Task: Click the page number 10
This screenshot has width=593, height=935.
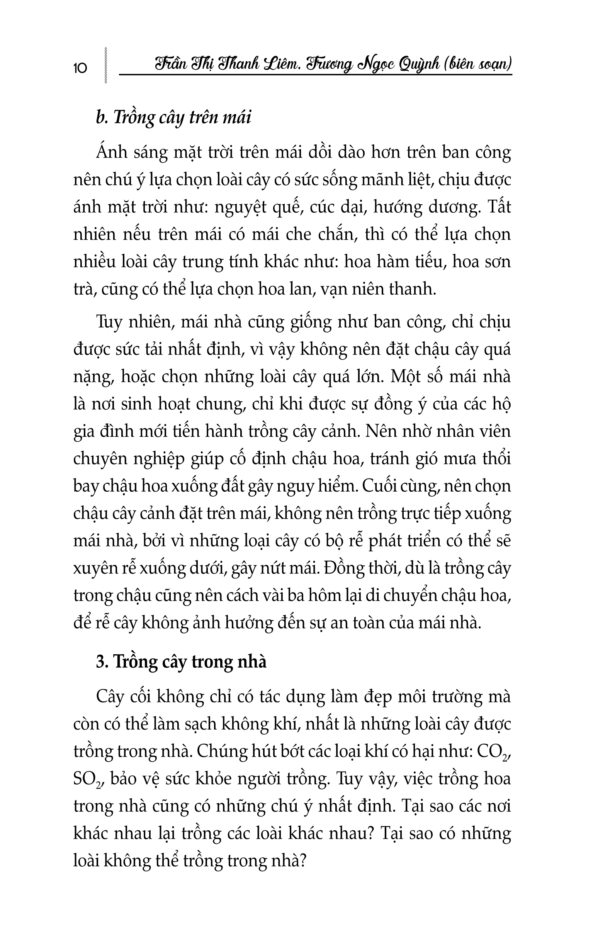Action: click(x=80, y=68)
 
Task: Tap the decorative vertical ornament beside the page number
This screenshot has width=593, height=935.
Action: click(x=105, y=66)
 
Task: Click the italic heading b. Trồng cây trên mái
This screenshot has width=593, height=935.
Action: click(x=173, y=117)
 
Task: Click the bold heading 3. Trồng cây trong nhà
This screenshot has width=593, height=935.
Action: click(x=181, y=662)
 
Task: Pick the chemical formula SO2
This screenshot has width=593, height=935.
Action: click(x=87, y=779)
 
